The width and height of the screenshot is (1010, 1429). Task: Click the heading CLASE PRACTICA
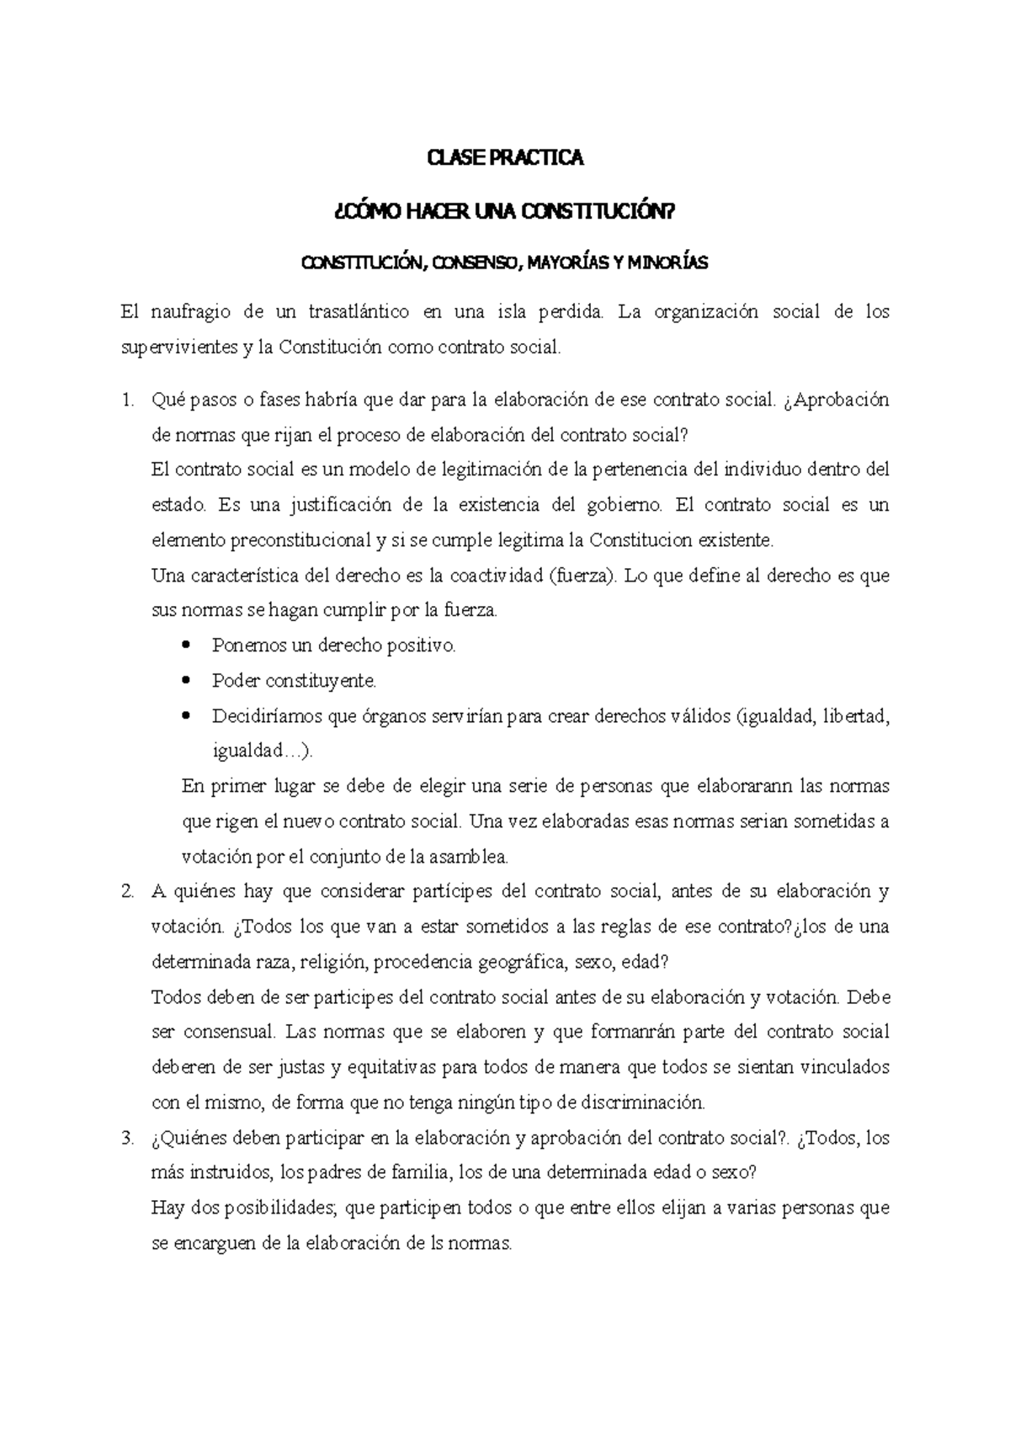coord(505,158)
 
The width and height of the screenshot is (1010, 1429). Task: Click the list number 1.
coord(126,401)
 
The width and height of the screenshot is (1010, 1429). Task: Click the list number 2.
coord(126,891)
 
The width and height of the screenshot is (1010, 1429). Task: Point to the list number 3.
coord(126,1139)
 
